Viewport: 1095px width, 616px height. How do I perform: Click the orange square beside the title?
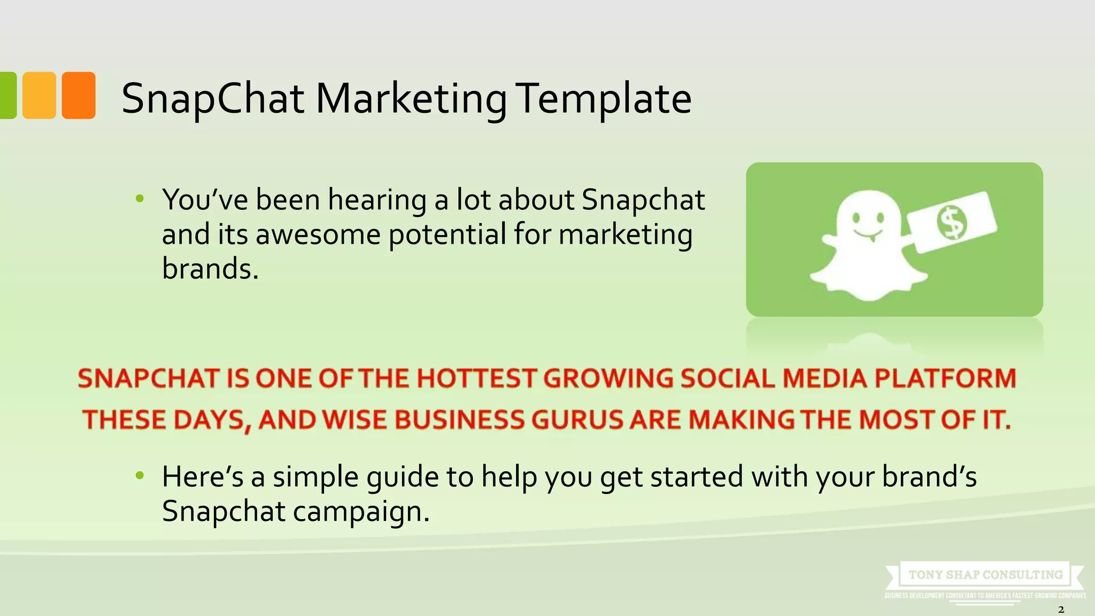coord(79,95)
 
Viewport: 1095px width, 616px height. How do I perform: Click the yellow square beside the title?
coord(39,95)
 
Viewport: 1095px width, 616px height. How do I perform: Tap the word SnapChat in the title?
coord(213,99)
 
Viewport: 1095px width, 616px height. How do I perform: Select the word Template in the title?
coord(605,99)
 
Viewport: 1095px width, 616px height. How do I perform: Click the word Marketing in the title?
coord(411,99)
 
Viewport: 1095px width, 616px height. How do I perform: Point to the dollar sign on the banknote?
coord(952,222)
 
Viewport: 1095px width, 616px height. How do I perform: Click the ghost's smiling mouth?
coord(868,234)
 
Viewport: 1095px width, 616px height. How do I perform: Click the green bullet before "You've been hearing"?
coord(140,199)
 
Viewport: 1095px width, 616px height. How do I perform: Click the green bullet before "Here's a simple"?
coord(140,475)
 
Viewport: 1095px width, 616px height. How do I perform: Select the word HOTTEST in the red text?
coord(476,379)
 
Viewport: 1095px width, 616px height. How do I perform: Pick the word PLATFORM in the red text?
coord(945,379)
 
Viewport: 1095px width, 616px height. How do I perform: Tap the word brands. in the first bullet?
coord(210,268)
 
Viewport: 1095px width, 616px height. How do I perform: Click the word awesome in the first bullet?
coord(318,234)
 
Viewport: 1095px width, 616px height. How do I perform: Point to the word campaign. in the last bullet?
coord(361,511)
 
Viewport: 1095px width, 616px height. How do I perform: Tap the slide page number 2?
coord(1061,610)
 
